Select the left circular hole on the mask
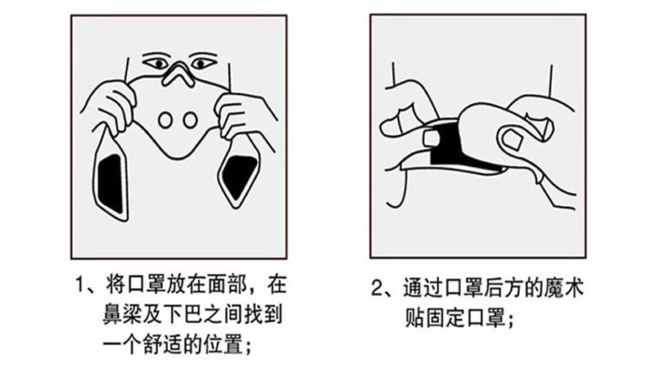[x=165, y=120]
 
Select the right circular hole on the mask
[x=190, y=120]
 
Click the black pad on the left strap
[x=111, y=183]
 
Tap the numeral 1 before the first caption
[x=80, y=285]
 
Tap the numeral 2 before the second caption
[x=377, y=288]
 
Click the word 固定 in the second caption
[x=445, y=318]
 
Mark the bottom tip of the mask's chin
[x=178, y=159]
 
